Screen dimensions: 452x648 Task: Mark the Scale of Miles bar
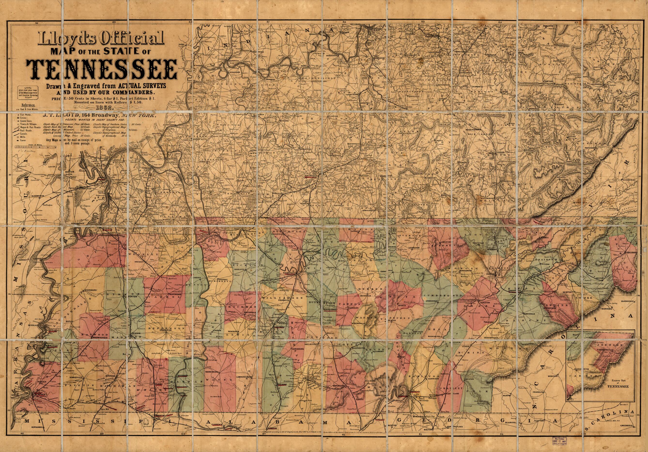tap(35, 146)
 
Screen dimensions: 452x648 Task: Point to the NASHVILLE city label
tap(290, 273)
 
